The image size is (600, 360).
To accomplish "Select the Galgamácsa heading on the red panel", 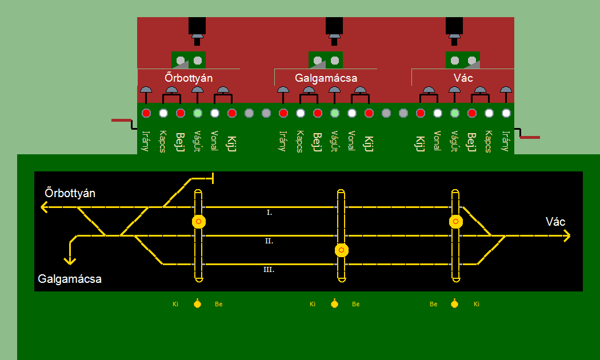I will (x=326, y=78).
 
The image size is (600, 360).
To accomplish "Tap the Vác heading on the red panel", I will (x=463, y=78).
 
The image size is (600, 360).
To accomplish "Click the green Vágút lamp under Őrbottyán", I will (x=198, y=113).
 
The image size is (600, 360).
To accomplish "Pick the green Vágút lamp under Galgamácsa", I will (x=335, y=113).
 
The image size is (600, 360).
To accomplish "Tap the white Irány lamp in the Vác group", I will (x=506, y=113).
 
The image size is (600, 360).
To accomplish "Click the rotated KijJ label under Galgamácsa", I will (x=369, y=142).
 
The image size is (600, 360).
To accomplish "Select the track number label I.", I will (x=270, y=213).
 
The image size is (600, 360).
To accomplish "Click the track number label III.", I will (x=269, y=270).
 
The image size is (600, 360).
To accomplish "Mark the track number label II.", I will (x=269, y=241).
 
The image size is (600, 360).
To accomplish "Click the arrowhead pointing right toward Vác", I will (x=567, y=235).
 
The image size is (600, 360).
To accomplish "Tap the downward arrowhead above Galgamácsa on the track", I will (x=70, y=261).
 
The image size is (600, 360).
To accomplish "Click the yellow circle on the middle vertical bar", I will (x=342, y=250).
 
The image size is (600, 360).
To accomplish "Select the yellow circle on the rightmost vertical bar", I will (x=455, y=221).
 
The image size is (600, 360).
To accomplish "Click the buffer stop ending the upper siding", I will (x=213, y=178).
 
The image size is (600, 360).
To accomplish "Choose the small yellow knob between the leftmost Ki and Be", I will (x=197, y=303).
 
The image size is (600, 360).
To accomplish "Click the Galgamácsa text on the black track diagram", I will (x=70, y=279).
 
